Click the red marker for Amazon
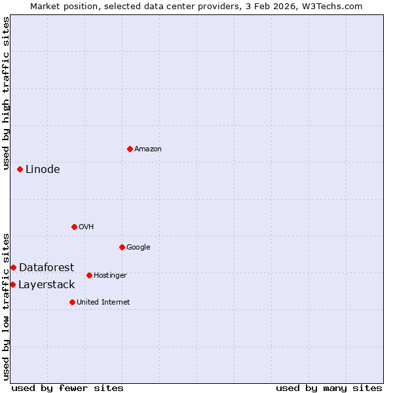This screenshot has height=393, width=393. [x=130, y=149]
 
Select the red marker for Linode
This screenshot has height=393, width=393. [x=20, y=169]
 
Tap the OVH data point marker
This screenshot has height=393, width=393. [x=74, y=227]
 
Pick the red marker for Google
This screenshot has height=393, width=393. [x=122, y=247]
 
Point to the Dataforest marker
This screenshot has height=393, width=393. [x=13, y=267]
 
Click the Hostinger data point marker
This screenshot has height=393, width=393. [x=89, y=275]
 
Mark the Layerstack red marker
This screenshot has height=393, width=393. [x=12, y=284]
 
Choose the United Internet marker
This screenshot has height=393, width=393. [x=72, y=302]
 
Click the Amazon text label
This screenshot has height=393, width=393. [x=148, y=149]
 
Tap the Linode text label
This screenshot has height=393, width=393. [x=43, y=169]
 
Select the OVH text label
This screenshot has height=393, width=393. [x=86, y=227]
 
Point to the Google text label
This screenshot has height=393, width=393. [x=138, y=247]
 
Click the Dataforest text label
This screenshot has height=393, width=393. [x=47, y=267]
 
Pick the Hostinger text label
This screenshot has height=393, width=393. [x=110, y=275]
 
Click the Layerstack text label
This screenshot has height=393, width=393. [x=47, y=284]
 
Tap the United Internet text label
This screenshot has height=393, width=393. [x=103, y=302]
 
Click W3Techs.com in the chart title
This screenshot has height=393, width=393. [x=331, y=6]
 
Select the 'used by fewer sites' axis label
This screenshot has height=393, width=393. [x=67, y=388]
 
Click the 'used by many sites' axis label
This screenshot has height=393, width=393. [x=329, y=388]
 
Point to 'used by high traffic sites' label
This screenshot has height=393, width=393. [x=6, y=94]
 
